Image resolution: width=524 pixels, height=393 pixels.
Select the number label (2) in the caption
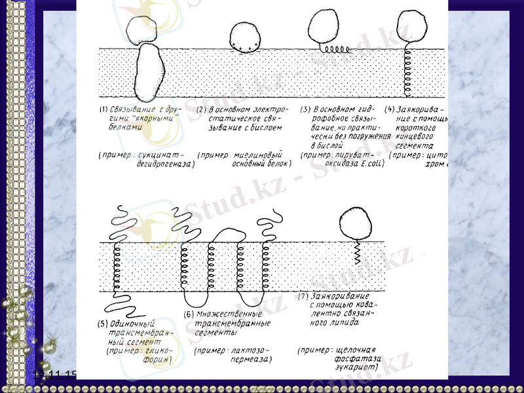coord(202,109)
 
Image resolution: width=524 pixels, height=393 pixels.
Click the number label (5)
coord(103,322)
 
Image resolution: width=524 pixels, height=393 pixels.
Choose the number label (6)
coord(189,314)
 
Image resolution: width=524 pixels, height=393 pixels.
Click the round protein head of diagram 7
coord(357,223)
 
